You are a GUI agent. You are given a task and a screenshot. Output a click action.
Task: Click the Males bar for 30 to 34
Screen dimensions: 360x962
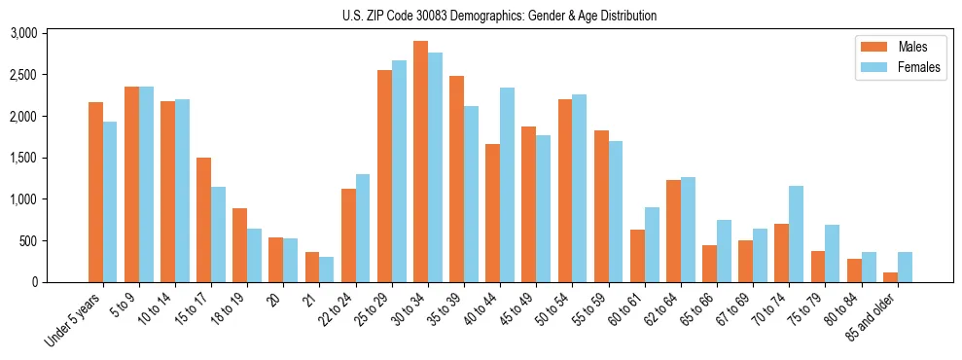coord(420,162)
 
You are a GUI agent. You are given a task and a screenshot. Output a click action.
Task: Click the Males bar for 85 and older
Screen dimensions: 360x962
coord(890,277)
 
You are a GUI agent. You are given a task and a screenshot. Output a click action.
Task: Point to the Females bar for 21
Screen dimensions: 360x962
coord(327,270)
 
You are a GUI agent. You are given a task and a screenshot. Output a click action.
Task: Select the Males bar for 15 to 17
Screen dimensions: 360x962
coord(203,220)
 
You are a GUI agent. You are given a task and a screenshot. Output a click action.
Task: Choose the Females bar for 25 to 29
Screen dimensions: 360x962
coord(399,171)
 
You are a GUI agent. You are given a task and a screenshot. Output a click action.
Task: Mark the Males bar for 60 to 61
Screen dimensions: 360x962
coord(637,256)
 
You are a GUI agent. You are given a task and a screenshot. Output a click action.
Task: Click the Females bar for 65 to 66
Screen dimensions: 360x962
coord(724,251)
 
